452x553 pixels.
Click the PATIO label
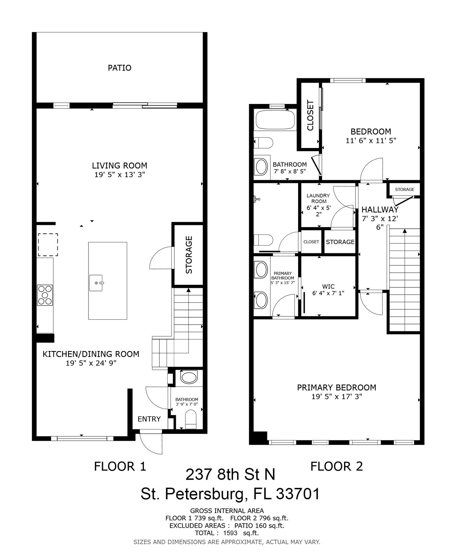[x=119, y=68]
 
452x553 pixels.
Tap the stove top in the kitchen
[x=45, y=295]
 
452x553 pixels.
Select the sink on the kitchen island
[x=96, y=283]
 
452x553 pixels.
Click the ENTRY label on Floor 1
[x=149, y=419]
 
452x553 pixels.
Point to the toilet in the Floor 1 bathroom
[x=191, y=420]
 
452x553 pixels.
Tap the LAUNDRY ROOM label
[x=318, y=198]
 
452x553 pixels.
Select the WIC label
[x=328, y=286]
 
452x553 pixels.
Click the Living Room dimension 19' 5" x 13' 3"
[x=119, y=175]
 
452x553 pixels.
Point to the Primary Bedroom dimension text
[x=336, y=396]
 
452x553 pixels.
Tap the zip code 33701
[x=298, y=494]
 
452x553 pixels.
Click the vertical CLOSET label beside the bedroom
[x=310, y=115]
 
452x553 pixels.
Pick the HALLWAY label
[x=380, y=210]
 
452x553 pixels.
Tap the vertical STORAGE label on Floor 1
[x=189, y=255]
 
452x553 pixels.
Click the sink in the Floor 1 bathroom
[x=189, y=378]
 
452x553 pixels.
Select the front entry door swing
[x=151, y=444]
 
